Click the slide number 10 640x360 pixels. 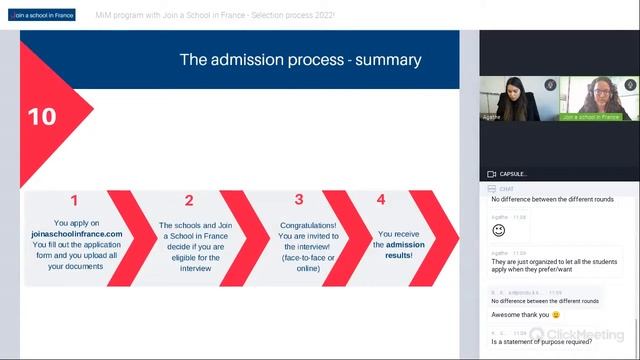tap(42, 116)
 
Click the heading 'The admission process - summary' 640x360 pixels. tap(300, 60)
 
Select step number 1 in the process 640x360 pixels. tap(74, 200)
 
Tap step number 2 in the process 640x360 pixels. tap(189, 200)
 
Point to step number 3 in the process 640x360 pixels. tap(299, 200)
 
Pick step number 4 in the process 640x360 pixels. tap(380, 200)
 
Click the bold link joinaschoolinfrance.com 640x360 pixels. tap(76, 233)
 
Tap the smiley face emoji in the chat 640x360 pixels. tap(498, 230)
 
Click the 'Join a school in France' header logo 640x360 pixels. tap(45, 16)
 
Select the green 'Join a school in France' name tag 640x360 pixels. tap(597, 117)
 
